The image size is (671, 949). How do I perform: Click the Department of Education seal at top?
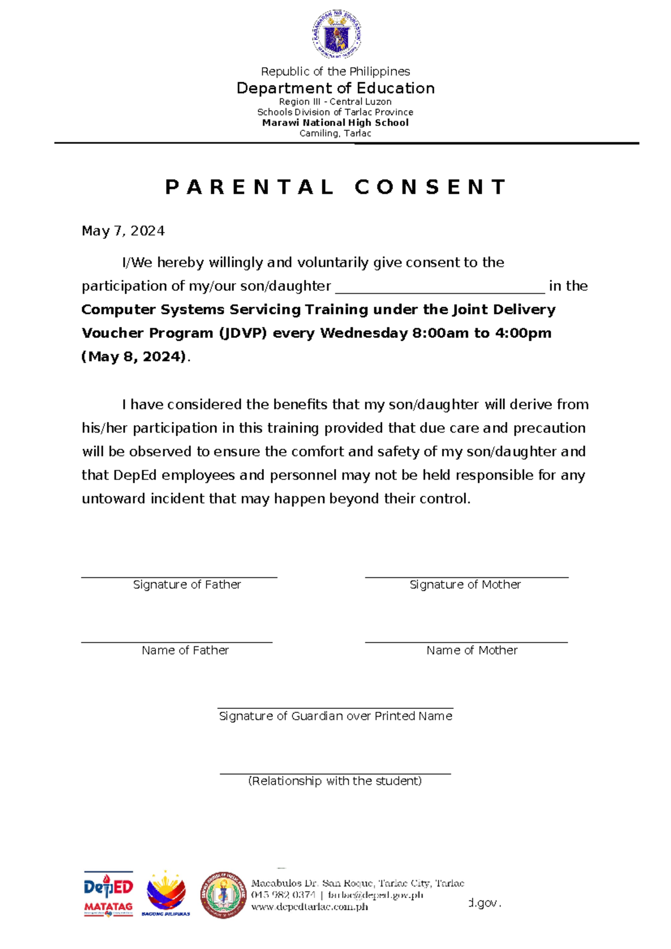point(336,35)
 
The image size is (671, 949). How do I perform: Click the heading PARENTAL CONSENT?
point(335,187)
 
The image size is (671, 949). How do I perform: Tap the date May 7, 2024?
point(123,231)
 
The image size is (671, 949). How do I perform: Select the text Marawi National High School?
point(335,123)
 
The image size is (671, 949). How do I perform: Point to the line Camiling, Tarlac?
point(335,133)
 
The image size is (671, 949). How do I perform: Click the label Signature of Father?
point(187,585)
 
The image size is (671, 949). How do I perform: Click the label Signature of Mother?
point(465,585)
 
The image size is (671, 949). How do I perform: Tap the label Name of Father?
point(185,650)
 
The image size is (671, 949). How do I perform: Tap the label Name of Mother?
point(472,650)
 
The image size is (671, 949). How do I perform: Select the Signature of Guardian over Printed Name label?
point(335,716)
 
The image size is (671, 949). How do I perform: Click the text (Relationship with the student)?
point(335,781)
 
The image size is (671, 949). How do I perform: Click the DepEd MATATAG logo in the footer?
point(108,894)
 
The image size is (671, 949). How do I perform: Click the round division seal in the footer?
point(223,895)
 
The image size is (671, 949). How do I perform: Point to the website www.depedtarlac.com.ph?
point(309,907)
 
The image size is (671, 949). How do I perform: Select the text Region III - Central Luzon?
point(335,102)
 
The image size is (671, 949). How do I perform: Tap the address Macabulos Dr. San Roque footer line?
point(358,884)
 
